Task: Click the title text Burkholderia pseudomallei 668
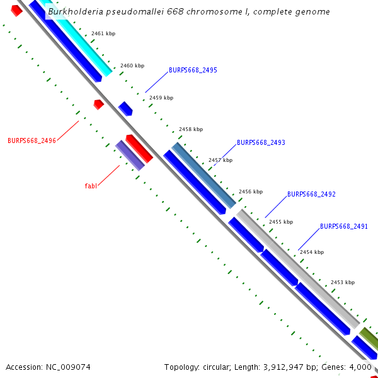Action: (x=188, y=12)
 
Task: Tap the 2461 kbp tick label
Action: (x=103, y=33)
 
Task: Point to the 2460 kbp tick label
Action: (x=132, y=66)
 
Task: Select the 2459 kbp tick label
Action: (x=161, y=98)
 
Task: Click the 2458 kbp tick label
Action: (x=191, y=129)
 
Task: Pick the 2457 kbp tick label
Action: (x=220, y=160)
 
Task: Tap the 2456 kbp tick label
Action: (x=250, y=192)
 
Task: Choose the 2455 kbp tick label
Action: (x=280, y=222)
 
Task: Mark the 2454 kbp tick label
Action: (x=311, y=252)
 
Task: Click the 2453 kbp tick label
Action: (x=342, y=282)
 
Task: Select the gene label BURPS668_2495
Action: (x=193, y=71)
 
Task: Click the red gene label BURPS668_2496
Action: (x=31, y=140)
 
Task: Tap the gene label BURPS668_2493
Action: (x=261, y=143)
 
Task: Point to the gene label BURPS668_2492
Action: (x=311, y=195)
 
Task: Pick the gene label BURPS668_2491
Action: (x=344, y=226)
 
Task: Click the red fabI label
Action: (x=91, y=186)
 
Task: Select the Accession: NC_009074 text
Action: (x=48, y=367)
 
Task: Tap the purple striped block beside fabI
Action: (x=130, y=156)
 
